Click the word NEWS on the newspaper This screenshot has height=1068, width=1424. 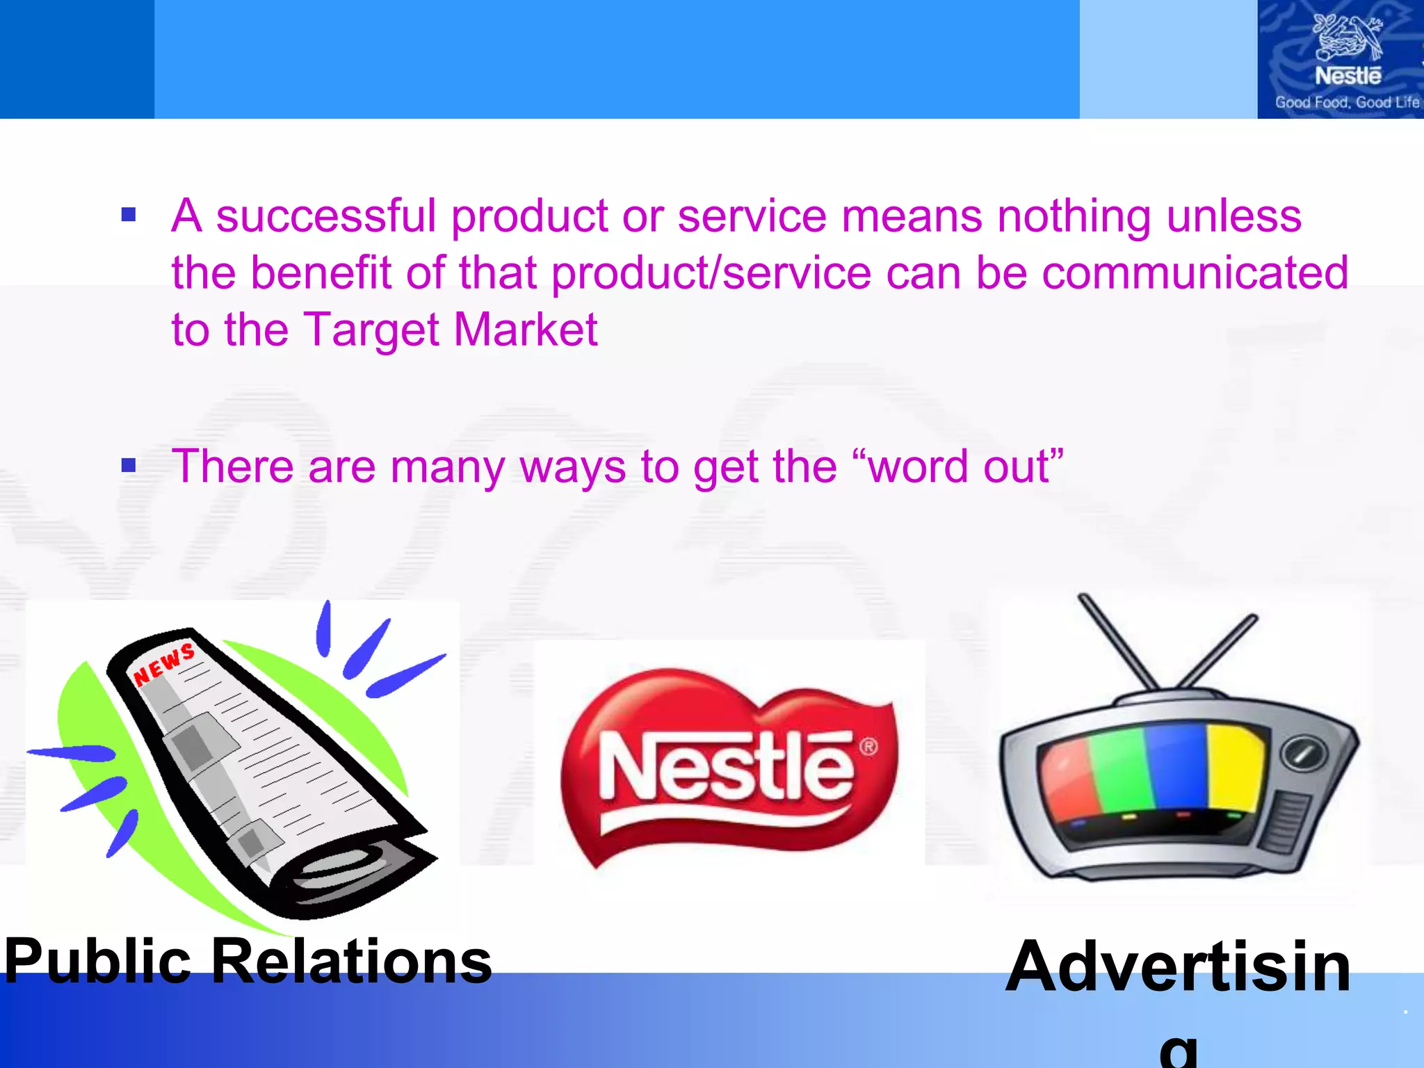tap(164, 664)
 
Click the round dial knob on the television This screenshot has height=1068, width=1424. tap(1304, 754)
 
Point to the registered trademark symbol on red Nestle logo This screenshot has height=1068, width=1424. tap(868, 747)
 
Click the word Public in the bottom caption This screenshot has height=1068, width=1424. tap(97, 962)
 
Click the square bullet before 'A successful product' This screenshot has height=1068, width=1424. tap(129, 214)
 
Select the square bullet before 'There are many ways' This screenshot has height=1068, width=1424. tap(129, 464)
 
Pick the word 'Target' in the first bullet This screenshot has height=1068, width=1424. tap(371, 329)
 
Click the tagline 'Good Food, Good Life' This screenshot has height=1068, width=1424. tap(1347, 102)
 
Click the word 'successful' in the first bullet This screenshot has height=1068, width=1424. tap(325, 216)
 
